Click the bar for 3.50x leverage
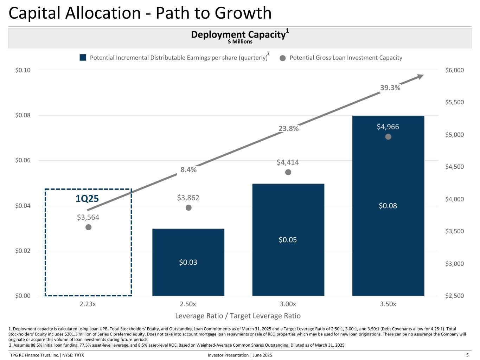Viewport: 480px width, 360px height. click(388, 206)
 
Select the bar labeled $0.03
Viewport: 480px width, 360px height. click(188, 262)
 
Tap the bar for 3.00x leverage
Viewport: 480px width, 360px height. click(288, 239)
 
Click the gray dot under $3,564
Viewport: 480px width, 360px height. click(88, 227)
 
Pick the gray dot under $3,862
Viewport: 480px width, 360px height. click(188, 208)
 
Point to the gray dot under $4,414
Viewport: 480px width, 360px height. click(288, 172)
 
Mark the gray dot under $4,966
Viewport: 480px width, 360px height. click(388, 137)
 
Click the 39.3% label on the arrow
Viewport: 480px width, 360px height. click(390, 88)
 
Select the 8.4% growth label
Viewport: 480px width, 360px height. click(188, 169)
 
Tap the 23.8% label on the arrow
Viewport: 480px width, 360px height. click(288, 129)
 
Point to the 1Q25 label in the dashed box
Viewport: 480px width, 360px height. click(87, 199)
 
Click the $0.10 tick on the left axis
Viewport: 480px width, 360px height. click(23, 70)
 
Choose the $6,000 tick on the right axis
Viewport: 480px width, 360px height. click(454, 70)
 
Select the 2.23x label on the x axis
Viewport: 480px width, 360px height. click(88, 304)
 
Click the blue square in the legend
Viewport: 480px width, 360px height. click(83, 58)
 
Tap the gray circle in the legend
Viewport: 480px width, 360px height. click(282, 58)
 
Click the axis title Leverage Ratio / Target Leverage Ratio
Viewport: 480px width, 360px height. click(238, 316)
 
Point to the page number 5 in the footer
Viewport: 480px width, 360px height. click(468, 355)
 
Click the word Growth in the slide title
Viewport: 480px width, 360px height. click(243, 13)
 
